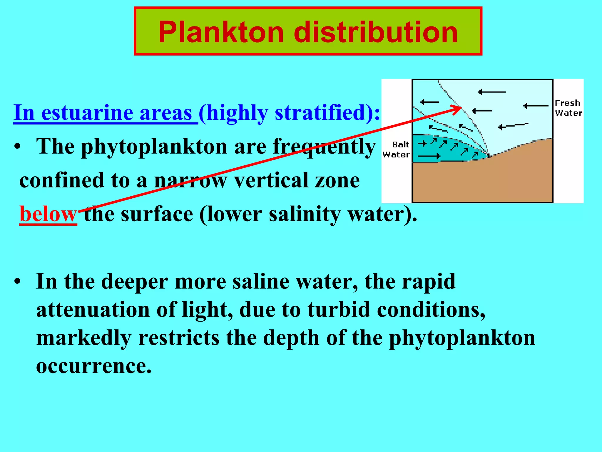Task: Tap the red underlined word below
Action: pos(48,214)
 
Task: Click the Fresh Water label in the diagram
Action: pos(568,108)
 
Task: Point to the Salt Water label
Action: pos(396,149)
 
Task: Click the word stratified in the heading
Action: pos(320,113)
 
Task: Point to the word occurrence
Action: pos(94,366)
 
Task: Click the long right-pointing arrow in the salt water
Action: pos(429,156)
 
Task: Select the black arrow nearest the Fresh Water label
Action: pos(536,106)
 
